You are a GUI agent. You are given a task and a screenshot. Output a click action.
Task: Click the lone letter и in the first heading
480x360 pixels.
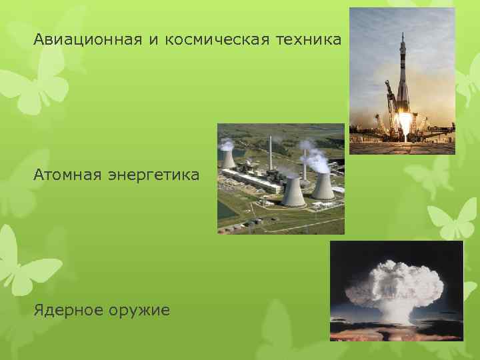153,41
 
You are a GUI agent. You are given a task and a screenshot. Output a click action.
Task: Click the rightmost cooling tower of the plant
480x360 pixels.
323,186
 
